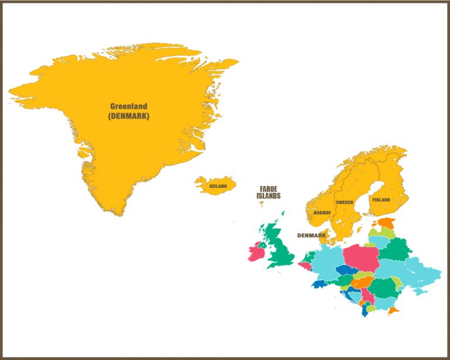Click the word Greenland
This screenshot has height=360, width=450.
point(129,107)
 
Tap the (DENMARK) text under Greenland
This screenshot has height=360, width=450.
point(129,116)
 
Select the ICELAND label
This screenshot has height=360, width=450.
point(218,187)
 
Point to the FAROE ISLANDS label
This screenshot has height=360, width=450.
point(268,193)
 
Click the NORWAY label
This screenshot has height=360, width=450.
point(322,213)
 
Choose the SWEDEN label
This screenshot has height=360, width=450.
point(345,202)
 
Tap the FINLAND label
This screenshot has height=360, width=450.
point(381,200)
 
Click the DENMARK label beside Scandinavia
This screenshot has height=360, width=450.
point(311,235)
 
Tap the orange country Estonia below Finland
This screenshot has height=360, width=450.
point(387,223)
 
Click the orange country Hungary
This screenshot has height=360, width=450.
point(362,282)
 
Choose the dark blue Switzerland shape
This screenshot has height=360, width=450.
point(321,284)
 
